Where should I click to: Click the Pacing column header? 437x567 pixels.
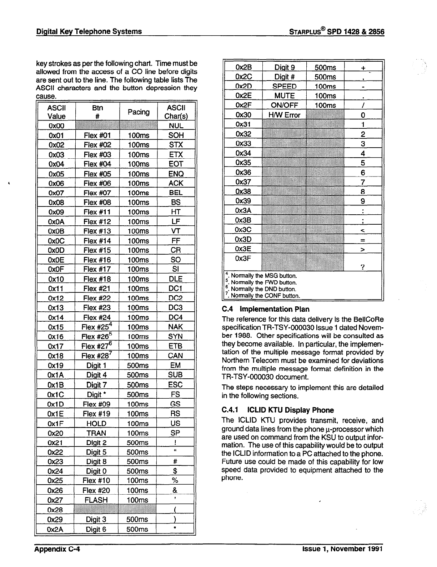pos(139,112)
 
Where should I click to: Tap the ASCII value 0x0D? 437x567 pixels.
pos(56,250)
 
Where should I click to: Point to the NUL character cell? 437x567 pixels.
pos(176,126)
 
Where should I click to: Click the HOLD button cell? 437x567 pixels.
pos(96,424)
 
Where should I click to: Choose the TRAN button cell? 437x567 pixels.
pos(96,433)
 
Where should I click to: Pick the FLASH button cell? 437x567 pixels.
pos(96,500)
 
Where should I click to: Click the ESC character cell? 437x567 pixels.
pos(175,385)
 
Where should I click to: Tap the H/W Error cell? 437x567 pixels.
pos(285,115)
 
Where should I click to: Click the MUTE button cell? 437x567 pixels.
pos(285,96)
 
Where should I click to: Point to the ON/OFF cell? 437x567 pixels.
pos(285,105)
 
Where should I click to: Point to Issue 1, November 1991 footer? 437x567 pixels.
pos(342,549)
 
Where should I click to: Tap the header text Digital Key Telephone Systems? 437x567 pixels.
pos(89,31)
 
